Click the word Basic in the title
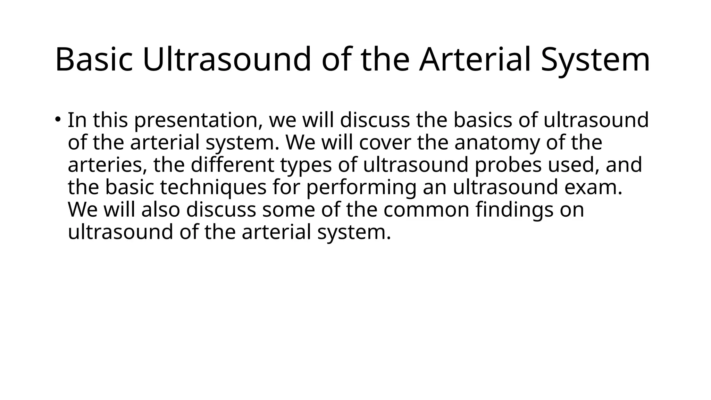[94, 60]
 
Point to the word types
[306, 165]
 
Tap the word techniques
[213, 187]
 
